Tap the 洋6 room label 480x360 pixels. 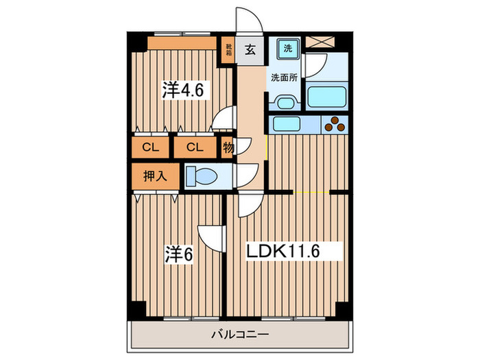(178, 254)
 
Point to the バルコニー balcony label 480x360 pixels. (239, 335)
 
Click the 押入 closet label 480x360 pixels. (155, 176)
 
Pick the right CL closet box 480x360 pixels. (195, 147)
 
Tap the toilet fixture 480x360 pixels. (203, 176)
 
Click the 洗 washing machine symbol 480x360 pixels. (288, 49)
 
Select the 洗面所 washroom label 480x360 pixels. (283, 77)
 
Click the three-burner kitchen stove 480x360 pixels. (336, 125)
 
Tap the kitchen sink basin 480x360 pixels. (284, 124)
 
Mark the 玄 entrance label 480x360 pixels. (250, 49)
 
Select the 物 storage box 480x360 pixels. (228, 147)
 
